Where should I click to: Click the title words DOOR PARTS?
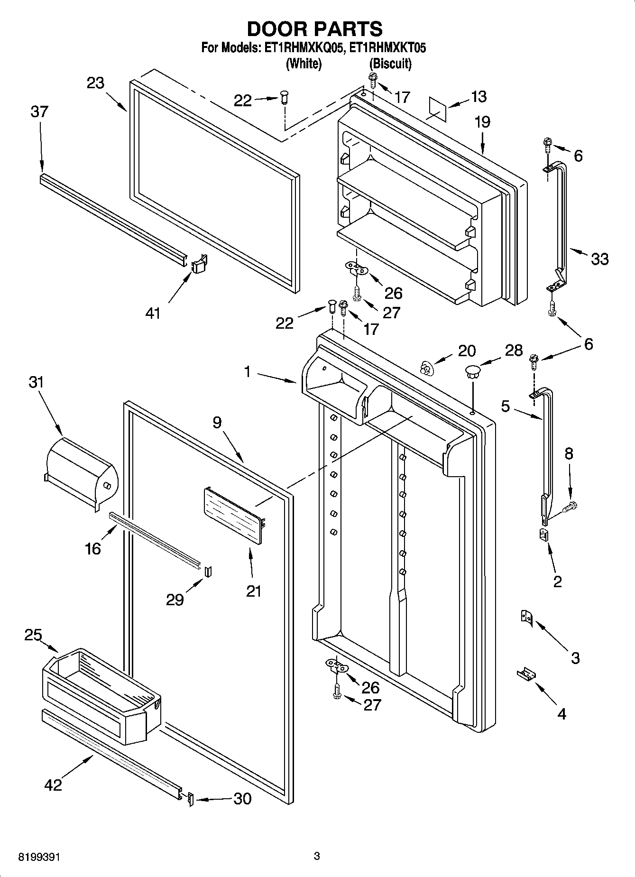(314, 29)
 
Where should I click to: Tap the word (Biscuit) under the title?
(390, 64)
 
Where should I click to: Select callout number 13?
(479, 96)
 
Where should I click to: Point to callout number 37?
(39, 112)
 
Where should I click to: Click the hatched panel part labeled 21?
(234, 516)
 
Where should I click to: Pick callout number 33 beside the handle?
(599, 259)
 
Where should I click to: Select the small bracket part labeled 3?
(527, 617)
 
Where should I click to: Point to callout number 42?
(53, 785)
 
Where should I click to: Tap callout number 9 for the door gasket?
(217, 422)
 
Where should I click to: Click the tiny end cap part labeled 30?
(190, 799)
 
